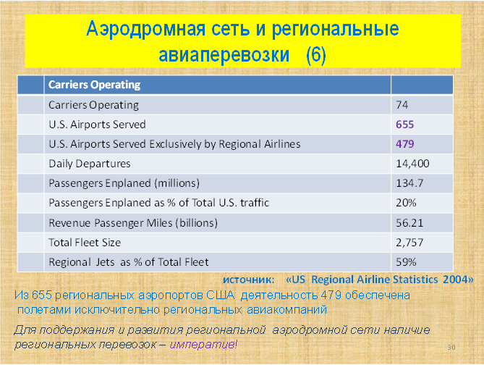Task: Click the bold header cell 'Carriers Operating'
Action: [x=95, y=85]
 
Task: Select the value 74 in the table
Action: [x=402, y=105]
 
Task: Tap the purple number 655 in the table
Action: [x=404, y=125]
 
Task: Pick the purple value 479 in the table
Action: [x=404, y=144]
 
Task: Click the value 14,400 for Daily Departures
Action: [x=412, y=164]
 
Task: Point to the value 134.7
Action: [x=409, y=183]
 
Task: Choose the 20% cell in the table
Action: [x=406, y=203]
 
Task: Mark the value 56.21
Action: [x=409, y=223]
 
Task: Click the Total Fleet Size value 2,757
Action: [x=409, y=243]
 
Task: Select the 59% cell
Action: [x=406, y=262]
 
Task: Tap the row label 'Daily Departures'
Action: [x=90, y=164]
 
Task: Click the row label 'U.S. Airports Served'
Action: [x=97, y=125]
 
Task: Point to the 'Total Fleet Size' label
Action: [x=85, y=243]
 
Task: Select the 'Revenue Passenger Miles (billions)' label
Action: [x=133, y=223]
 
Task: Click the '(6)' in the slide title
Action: [x=315, y=55]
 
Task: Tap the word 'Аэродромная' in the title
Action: [x=145, y=29]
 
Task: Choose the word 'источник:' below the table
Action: [x=248, y=280]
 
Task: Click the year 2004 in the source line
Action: [x=454, y=280]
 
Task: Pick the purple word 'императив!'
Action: [x=203, y=344]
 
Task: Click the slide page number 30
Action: [x=451, y=348]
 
